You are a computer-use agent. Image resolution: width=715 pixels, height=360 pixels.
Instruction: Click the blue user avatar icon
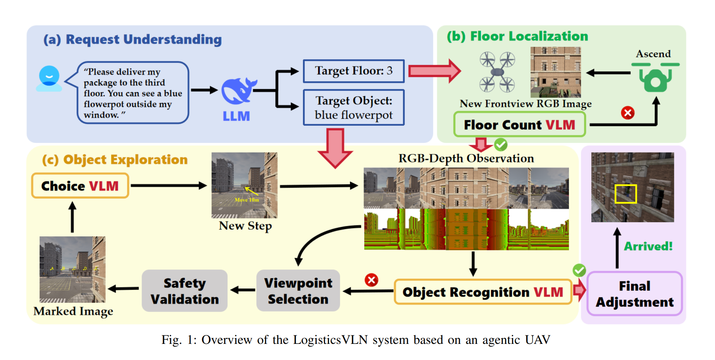pos(49,78)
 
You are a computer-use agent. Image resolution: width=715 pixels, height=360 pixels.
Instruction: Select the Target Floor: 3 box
pos(354,71)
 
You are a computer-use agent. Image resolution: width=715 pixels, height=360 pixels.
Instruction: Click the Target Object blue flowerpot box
pos(354,107)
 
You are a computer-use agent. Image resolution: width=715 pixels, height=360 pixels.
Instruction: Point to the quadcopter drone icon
pos(497,72)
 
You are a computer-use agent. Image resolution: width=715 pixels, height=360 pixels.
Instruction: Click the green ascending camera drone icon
pos(655,77)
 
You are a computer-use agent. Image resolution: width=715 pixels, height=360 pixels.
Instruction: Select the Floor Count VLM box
pos(519,125)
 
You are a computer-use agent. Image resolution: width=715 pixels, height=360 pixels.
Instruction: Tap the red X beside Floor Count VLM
pos(627,113)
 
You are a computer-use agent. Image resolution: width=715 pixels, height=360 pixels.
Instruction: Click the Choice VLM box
pos(80,186)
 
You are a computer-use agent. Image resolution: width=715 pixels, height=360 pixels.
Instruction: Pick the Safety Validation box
pos(185,291)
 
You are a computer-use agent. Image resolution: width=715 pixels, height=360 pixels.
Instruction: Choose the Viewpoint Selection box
pos(298,291)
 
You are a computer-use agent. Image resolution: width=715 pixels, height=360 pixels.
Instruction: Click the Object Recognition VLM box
pos(483,292)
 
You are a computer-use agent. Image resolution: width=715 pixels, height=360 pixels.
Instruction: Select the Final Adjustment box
pos(634,294)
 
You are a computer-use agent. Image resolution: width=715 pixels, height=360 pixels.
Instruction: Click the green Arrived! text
pos(648,246)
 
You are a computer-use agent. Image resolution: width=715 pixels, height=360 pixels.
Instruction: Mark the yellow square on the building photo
pos(625,194)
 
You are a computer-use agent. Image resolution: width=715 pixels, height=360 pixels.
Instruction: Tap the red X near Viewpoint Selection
pos(371,280)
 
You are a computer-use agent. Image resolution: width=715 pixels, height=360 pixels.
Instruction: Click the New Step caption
pos(245,225)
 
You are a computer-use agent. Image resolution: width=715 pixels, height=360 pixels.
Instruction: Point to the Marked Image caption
pos(73,311)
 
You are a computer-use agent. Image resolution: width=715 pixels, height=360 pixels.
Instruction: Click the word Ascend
pos(653,54)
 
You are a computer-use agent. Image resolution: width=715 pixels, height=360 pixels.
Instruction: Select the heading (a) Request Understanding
pos(133,40)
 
